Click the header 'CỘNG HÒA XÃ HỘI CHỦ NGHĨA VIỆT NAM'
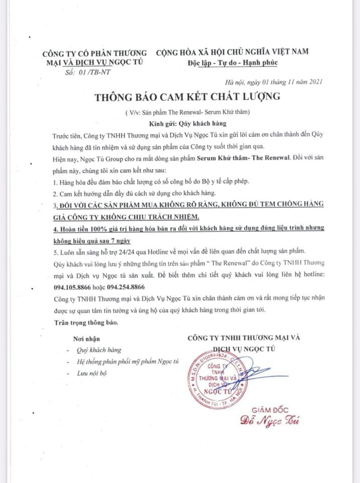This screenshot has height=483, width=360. pyautogui.click(x=232, y=52)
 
